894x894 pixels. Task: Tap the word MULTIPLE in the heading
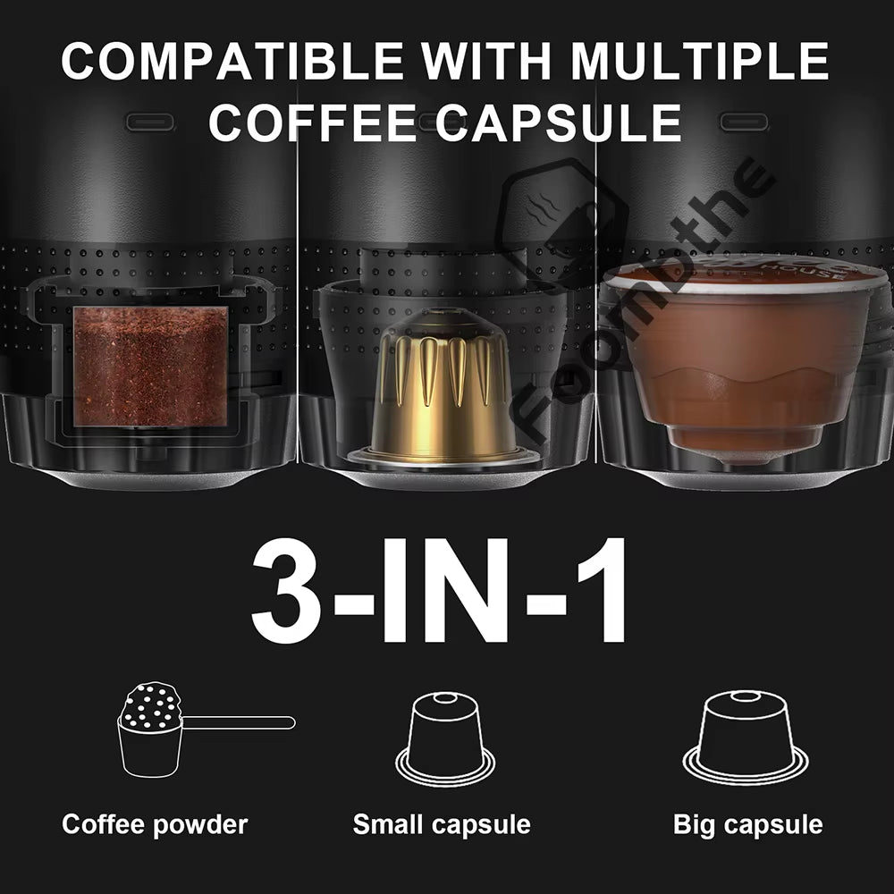tap(700, 61)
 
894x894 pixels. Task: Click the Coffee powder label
tap(155, 823)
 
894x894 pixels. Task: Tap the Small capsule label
tap(442, 823)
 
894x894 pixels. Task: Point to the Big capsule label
tap(747, 823)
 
